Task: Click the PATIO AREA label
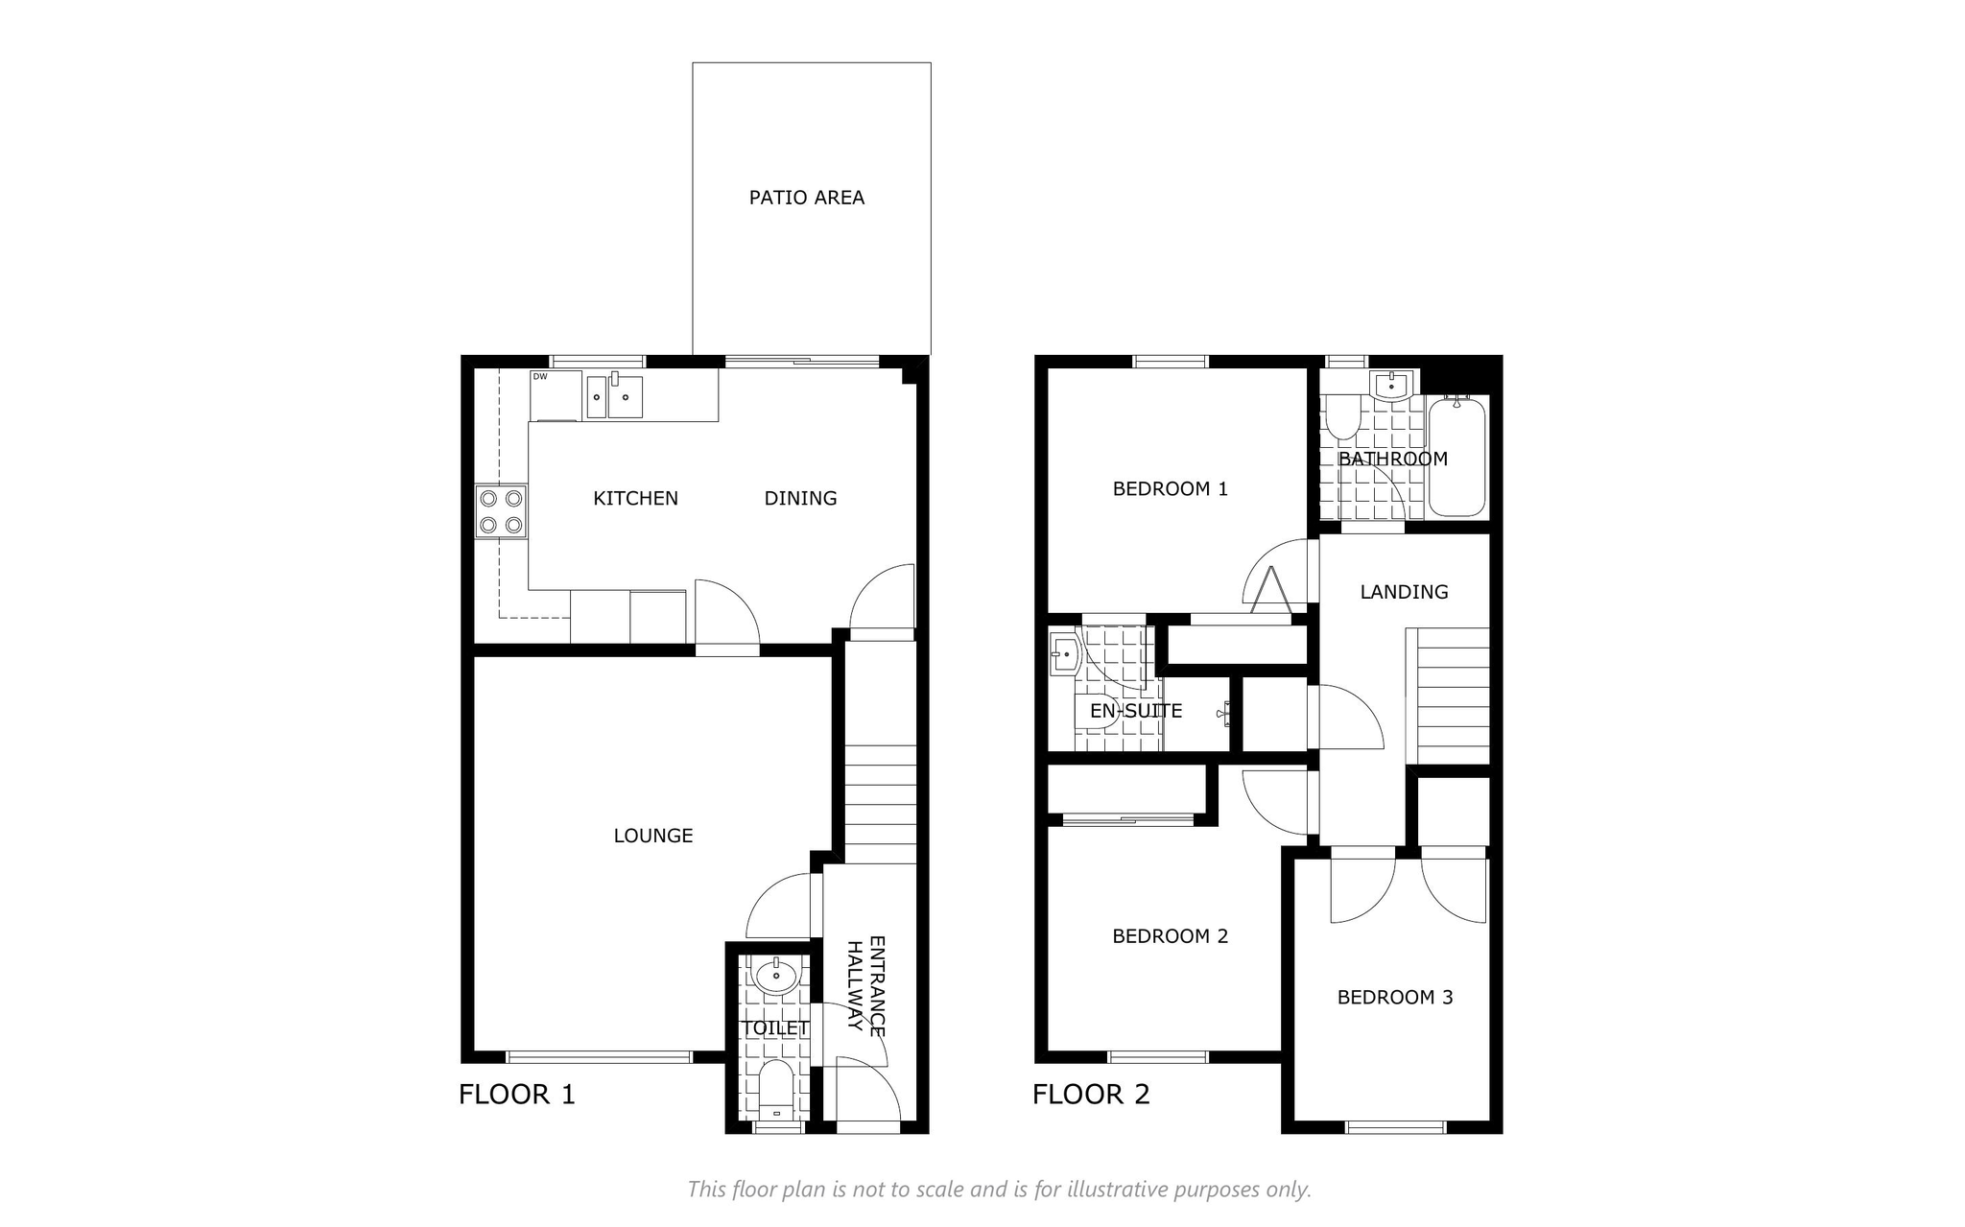pos(807,198)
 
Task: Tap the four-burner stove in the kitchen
pos(502,511)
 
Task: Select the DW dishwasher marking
pos(540,377)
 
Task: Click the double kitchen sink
pos(615,396)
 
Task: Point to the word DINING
pos(800,498)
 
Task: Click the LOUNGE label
pos(653,836)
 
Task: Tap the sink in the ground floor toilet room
pos(775,977)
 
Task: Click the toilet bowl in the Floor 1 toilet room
pos(776,1090)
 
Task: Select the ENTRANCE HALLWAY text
pos(865,985)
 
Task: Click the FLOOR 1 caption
pos(517,1095)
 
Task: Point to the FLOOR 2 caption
pos(1091,1095)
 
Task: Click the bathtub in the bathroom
pos(1456,458)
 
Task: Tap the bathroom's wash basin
pos(1390,385)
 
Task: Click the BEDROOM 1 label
pos(1170,489)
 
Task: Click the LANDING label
pos(1404,592)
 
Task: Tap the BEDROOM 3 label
pos(1395,998)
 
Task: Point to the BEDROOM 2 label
pos(1170,936)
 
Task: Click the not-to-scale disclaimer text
pos(999,1190)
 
